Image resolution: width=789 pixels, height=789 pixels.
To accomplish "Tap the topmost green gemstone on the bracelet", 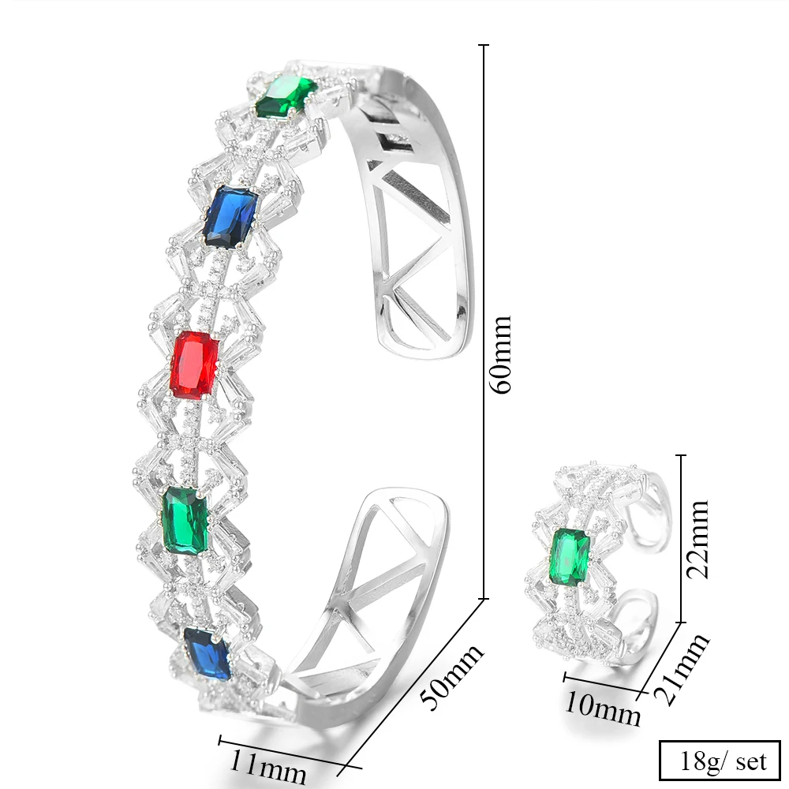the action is (x=286, y=95).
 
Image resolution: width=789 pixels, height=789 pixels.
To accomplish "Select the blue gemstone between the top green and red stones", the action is (x=230, y=216).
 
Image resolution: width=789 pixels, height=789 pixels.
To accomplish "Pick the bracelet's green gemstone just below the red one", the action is (x=186, y=519).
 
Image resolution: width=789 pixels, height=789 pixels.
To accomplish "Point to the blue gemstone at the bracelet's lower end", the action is (x=208, y=653).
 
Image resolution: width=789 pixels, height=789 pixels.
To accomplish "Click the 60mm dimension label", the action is (x=502, y=354).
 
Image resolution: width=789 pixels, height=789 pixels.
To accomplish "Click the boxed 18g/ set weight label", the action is (x=719, y=761).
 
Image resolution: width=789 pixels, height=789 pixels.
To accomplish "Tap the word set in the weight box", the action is (x=751, y=761).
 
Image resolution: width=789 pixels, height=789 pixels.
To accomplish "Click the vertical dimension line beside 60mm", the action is (x=483, y=316).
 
